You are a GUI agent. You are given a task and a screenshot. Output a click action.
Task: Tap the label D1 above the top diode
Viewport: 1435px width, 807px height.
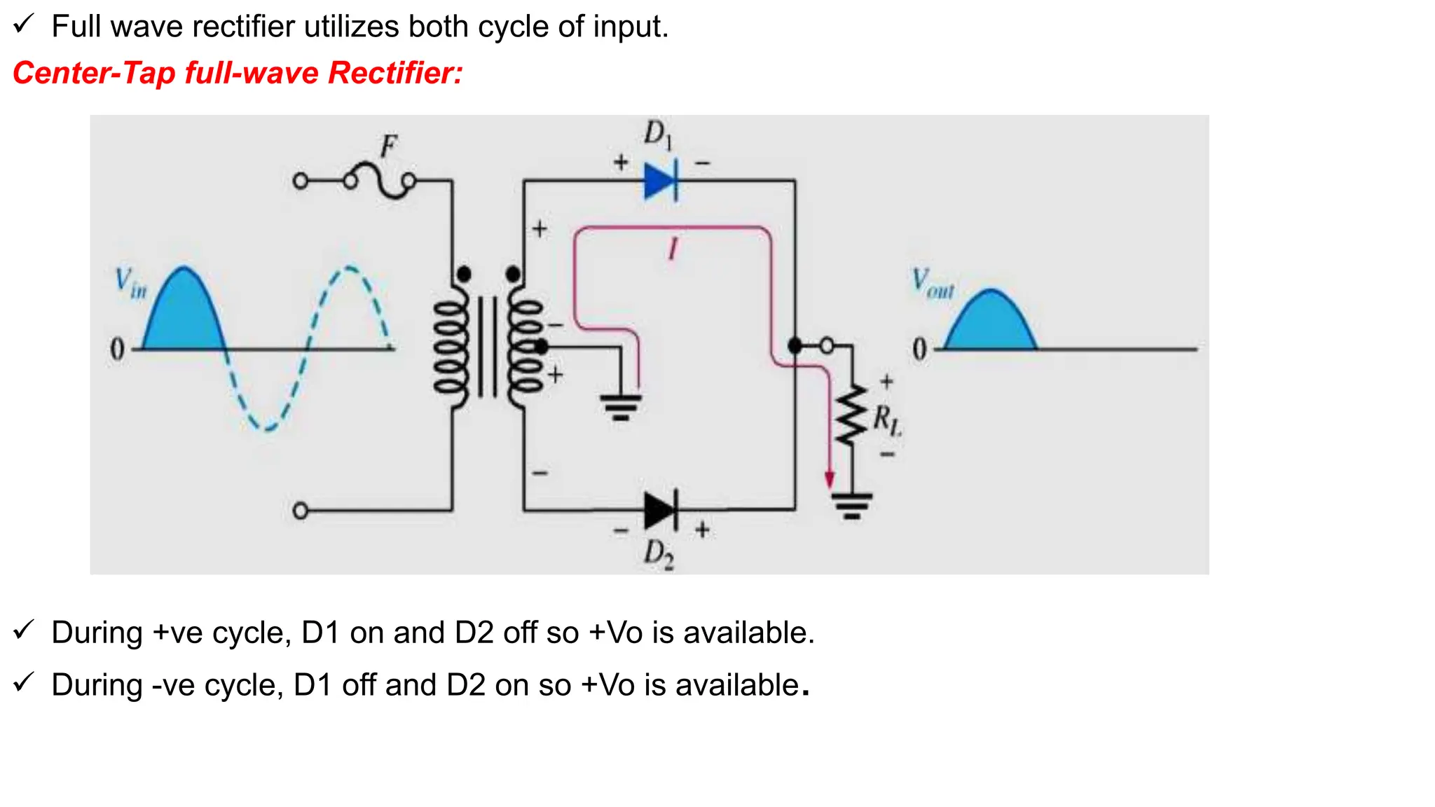pos(657,134)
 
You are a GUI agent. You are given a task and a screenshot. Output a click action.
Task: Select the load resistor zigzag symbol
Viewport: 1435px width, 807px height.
pos(851,417)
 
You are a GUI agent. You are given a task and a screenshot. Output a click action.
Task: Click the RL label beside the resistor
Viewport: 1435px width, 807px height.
pos(887,420)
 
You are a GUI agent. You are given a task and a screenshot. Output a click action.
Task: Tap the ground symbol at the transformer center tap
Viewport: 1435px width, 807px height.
pos(621,407)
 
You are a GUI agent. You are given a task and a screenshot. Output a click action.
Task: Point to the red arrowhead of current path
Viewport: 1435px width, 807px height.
pos(830,480)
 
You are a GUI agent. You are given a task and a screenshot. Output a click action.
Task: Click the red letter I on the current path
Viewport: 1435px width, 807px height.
pos(673,249)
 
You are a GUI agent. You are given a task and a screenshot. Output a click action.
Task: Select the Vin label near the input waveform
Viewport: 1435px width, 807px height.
pos(130,283)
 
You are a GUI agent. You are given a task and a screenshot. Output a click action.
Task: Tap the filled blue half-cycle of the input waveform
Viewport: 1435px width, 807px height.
pos(184,315)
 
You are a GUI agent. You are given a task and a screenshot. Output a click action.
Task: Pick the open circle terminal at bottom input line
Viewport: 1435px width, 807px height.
pos(301,511)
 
